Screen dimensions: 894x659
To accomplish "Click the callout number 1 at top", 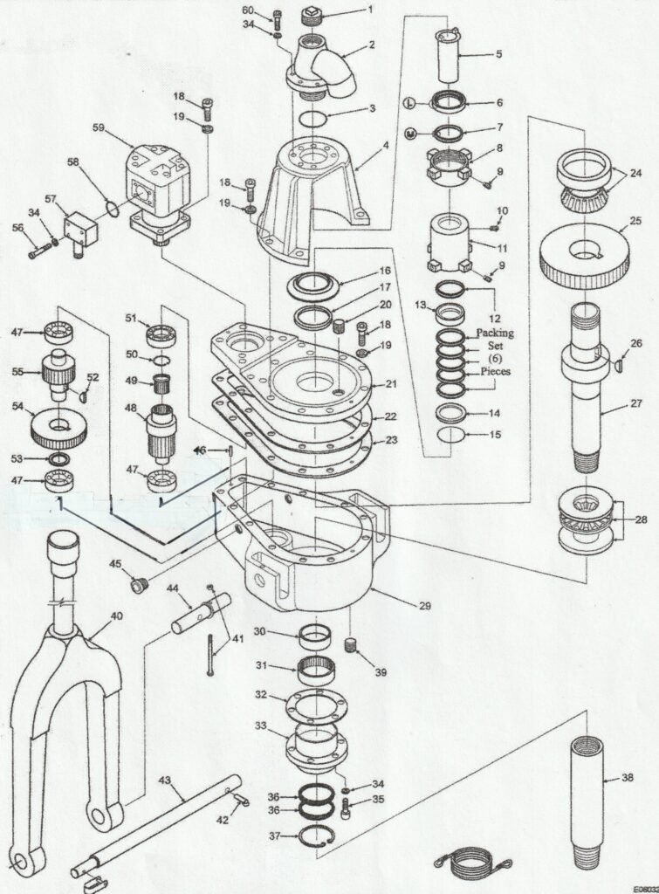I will (370, 10).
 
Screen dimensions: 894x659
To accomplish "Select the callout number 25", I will (635, 222).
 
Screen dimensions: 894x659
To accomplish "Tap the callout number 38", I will (627, 776).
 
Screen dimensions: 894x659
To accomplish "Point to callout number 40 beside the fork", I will (117, 615).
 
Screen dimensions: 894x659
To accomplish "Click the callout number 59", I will (99, 127).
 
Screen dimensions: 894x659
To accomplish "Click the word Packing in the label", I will (495, 333).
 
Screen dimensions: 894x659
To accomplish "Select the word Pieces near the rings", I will (495, 371).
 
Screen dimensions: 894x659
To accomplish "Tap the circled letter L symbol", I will (408, 102).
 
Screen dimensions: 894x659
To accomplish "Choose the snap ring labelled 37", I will (316, 836).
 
